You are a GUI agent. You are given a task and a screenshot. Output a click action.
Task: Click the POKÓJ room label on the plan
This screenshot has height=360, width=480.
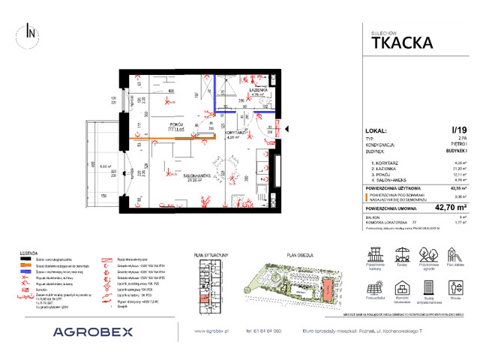177,123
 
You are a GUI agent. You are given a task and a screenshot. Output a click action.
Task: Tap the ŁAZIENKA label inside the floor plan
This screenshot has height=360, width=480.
259,89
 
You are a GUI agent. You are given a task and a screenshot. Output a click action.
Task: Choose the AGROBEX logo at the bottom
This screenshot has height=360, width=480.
93,331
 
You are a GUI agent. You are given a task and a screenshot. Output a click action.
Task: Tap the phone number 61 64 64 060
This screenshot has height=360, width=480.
259,331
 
